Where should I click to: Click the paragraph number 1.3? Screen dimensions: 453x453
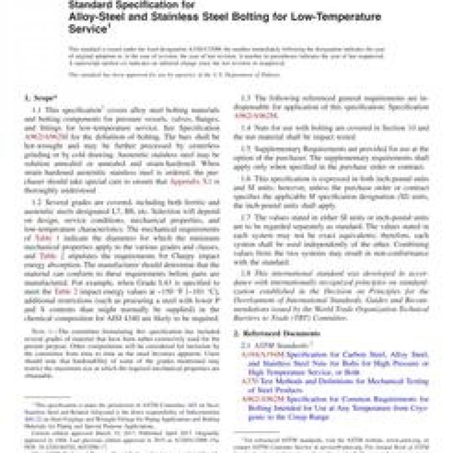(246, 98)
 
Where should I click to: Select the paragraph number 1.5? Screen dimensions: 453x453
(246, 148)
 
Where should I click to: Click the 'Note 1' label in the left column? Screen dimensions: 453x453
(38, 331)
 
